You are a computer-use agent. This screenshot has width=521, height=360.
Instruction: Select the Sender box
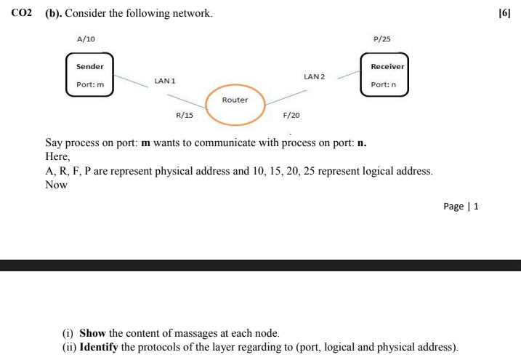(90, 75)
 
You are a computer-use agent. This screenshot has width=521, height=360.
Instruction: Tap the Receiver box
(384, 75)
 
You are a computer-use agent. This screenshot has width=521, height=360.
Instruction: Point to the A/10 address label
(86, 39)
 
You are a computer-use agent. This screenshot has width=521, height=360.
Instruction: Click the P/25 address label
(381, 39)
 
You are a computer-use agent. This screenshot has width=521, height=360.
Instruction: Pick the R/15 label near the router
(185, 115)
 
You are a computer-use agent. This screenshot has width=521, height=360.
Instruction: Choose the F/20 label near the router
(291, 115)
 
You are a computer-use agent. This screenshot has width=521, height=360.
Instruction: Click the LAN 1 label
(165, 81)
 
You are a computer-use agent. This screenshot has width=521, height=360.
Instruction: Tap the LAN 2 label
(315, 76)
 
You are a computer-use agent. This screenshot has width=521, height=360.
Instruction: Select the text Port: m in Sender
(90, 85)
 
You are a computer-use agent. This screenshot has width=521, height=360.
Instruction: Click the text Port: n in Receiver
(383, 85)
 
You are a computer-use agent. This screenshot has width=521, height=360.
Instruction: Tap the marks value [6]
(504, 14)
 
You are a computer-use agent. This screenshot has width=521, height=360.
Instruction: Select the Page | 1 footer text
(461, 206)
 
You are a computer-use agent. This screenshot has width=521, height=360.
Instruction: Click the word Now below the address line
(56, 185)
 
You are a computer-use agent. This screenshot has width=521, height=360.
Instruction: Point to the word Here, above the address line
(57, 156)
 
